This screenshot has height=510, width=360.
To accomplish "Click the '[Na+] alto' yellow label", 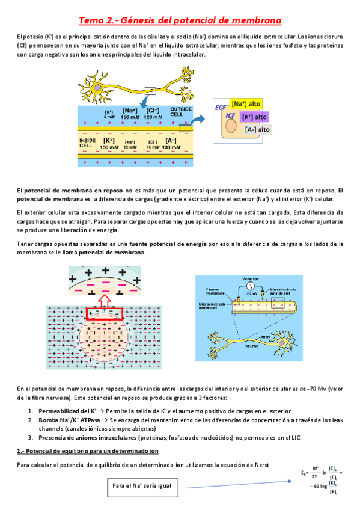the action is click(x=246, y=104).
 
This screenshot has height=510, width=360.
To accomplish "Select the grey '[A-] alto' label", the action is click(x=257, y=129).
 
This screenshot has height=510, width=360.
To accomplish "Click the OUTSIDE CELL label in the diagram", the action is click(x=180, y=112).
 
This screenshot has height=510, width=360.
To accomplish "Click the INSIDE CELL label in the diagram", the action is click(x=87, y=143).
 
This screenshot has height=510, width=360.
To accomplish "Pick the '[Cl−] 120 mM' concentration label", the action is click(x=156, y=112).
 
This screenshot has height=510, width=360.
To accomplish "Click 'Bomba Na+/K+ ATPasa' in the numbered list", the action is click(x=62, y=419).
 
